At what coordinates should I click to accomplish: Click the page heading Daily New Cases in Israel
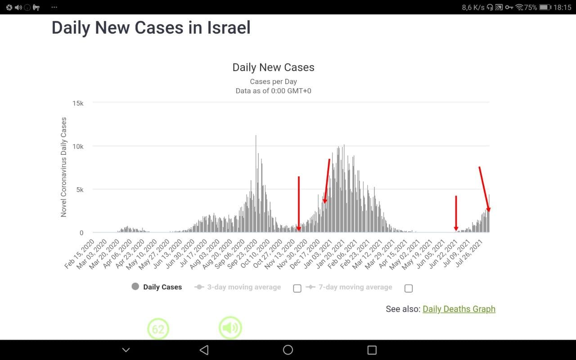(x=151, y=28)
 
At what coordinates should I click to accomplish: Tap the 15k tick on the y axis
(x=78, y=103)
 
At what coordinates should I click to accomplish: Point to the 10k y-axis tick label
(x=78, y=146)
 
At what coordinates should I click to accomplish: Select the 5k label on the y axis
(x=79, y=189)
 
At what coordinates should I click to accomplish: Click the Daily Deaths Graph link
(x=459, y=309)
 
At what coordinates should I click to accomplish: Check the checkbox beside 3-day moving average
(x=297, y=288)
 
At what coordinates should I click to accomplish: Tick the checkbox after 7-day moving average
(x=408, y=288)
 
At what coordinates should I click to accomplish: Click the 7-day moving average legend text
(x=355, y=287)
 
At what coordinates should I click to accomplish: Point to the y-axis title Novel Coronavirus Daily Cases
(x=63, y=167)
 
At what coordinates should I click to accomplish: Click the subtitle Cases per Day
(x=273, y=81)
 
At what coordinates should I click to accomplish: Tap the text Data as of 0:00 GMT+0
(x=273, y=91)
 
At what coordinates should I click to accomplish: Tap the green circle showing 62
(x=158, y=329)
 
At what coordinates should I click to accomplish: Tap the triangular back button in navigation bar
(x=204, y=350)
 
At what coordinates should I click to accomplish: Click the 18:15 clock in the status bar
(x=562, y=7)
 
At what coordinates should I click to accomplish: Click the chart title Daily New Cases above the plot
(x=273, y=67)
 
